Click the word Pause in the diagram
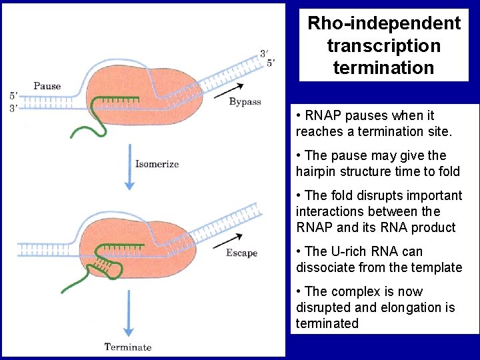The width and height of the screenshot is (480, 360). tap(47, 85)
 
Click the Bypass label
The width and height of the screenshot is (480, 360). tap(245, 101)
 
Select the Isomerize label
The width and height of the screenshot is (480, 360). tap(157, 164)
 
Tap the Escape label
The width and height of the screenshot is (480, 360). tap(241, 253)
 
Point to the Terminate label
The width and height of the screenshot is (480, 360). tap(128, 347)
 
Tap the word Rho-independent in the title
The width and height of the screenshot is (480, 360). tap(384, 23)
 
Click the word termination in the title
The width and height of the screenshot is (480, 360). tap(384, 67)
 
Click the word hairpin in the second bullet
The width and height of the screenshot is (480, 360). tap(317, 171)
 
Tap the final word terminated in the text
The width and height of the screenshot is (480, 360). tap(327, 323)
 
